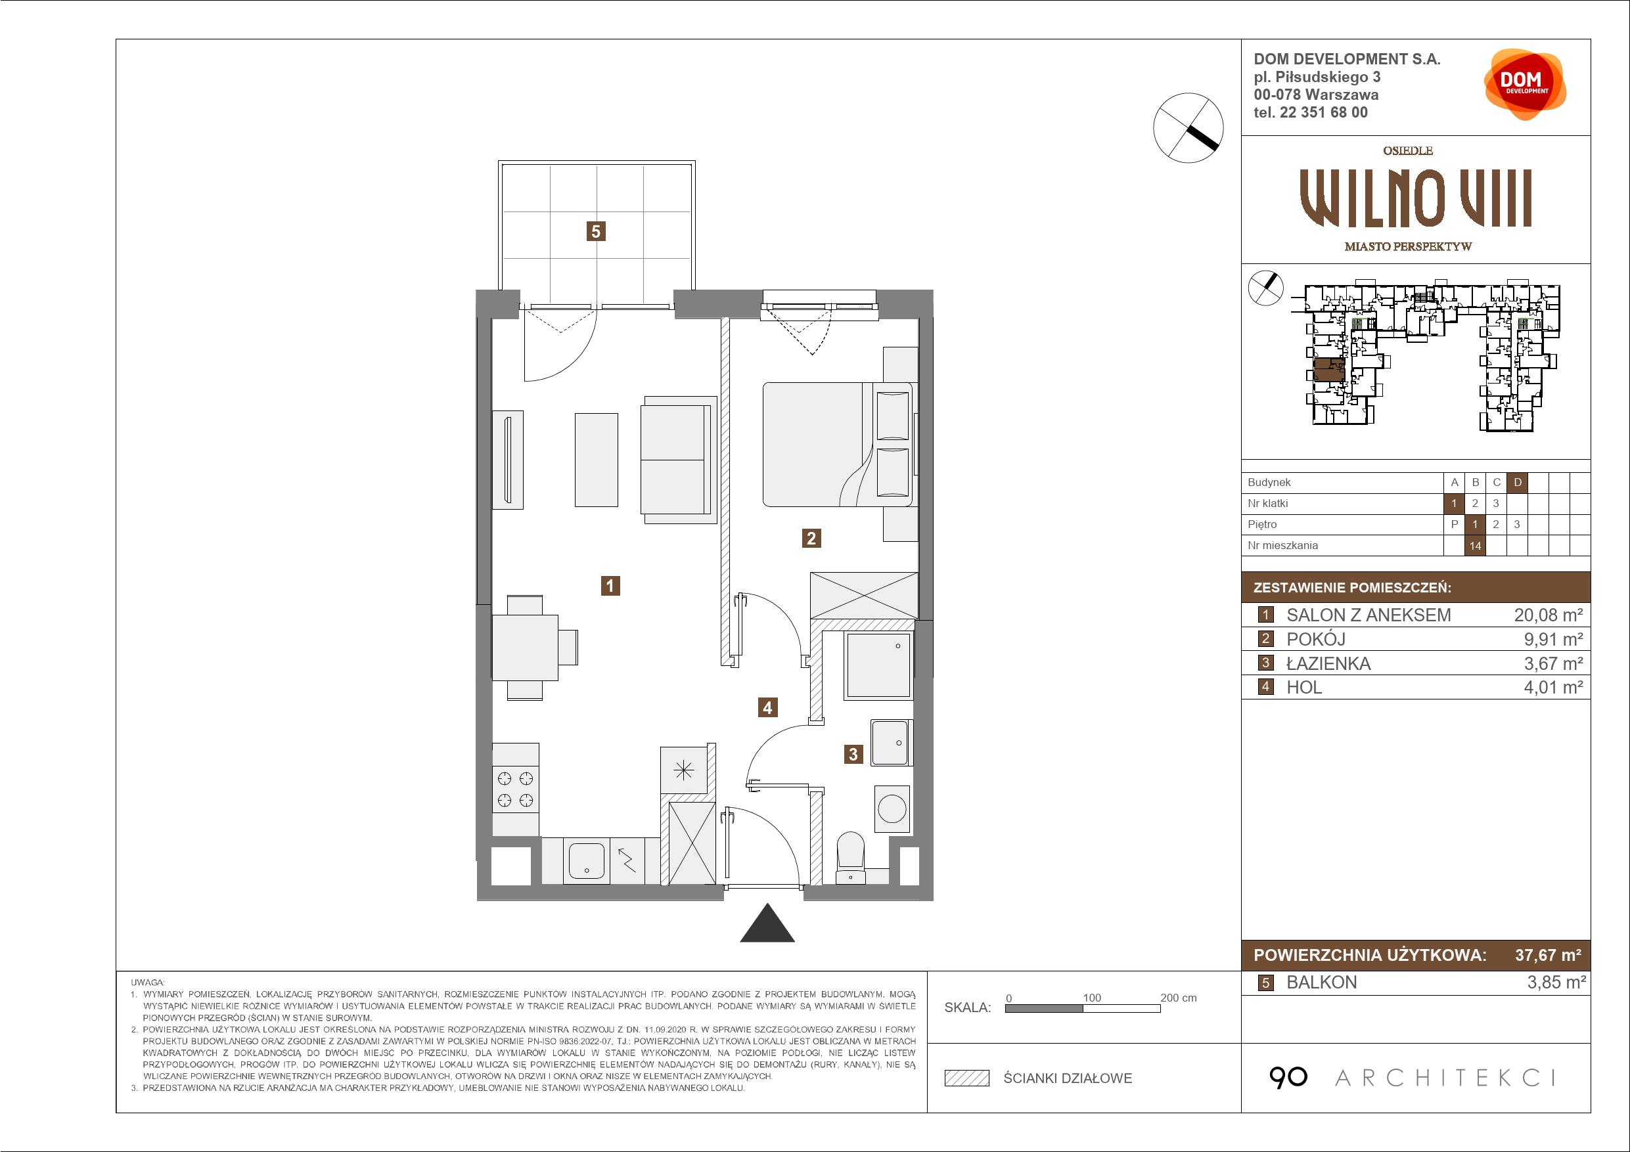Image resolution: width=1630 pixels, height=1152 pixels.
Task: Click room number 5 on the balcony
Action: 596,231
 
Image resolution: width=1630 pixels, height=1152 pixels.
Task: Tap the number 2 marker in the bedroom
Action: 811,538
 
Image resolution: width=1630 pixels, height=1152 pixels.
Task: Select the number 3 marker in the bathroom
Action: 853,755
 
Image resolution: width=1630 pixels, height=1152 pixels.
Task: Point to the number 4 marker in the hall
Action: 767,707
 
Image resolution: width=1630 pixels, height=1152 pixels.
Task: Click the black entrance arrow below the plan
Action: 767,923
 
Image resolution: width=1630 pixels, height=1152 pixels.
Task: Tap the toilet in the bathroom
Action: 851,858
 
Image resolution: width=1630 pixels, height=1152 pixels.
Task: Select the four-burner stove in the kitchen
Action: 515,789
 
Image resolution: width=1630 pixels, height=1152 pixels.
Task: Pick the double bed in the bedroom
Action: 838,445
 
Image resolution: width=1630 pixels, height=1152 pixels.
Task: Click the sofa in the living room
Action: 678,460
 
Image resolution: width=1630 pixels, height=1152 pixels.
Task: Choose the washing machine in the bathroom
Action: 892,809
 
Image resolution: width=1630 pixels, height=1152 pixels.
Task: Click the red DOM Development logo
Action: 1525,84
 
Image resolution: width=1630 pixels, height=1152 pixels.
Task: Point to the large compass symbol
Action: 1189,128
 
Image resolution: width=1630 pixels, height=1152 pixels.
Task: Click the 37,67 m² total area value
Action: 1548,955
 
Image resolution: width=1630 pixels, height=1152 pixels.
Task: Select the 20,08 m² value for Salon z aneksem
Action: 1549,615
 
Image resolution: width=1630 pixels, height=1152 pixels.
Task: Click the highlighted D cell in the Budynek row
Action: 1518,483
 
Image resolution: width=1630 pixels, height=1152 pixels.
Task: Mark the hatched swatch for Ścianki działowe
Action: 967,1078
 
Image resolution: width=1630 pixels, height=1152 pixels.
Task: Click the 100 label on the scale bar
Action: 1092,997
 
